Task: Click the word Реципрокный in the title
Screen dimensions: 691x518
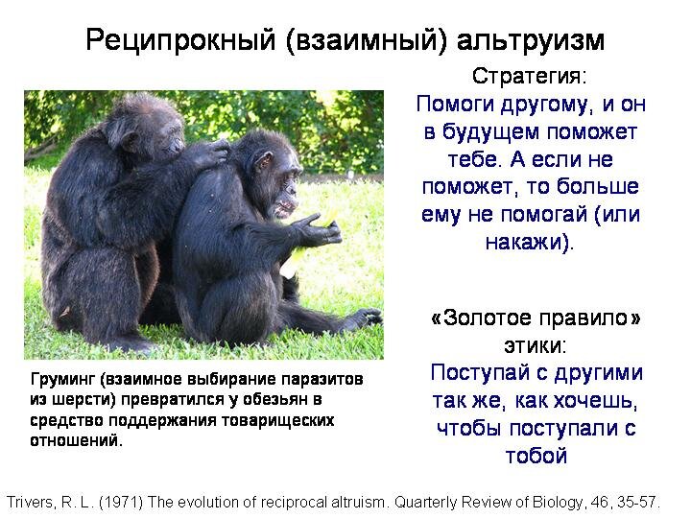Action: (x=180, y=40)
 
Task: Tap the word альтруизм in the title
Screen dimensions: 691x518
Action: (x=531, y=40)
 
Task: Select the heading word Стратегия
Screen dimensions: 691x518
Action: (x=526, y=76)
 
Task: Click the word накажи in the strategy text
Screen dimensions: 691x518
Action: (x=523, y=242)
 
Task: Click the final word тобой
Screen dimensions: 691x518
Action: (x=536, y=456)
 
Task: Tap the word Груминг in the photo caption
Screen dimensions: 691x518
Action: (x=63, y=379)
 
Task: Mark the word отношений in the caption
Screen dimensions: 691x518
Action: (x=75, y=440)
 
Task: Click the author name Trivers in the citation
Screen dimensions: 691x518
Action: (x=30, y=502)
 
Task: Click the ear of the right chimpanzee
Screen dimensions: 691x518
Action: (x=265, y=162)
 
